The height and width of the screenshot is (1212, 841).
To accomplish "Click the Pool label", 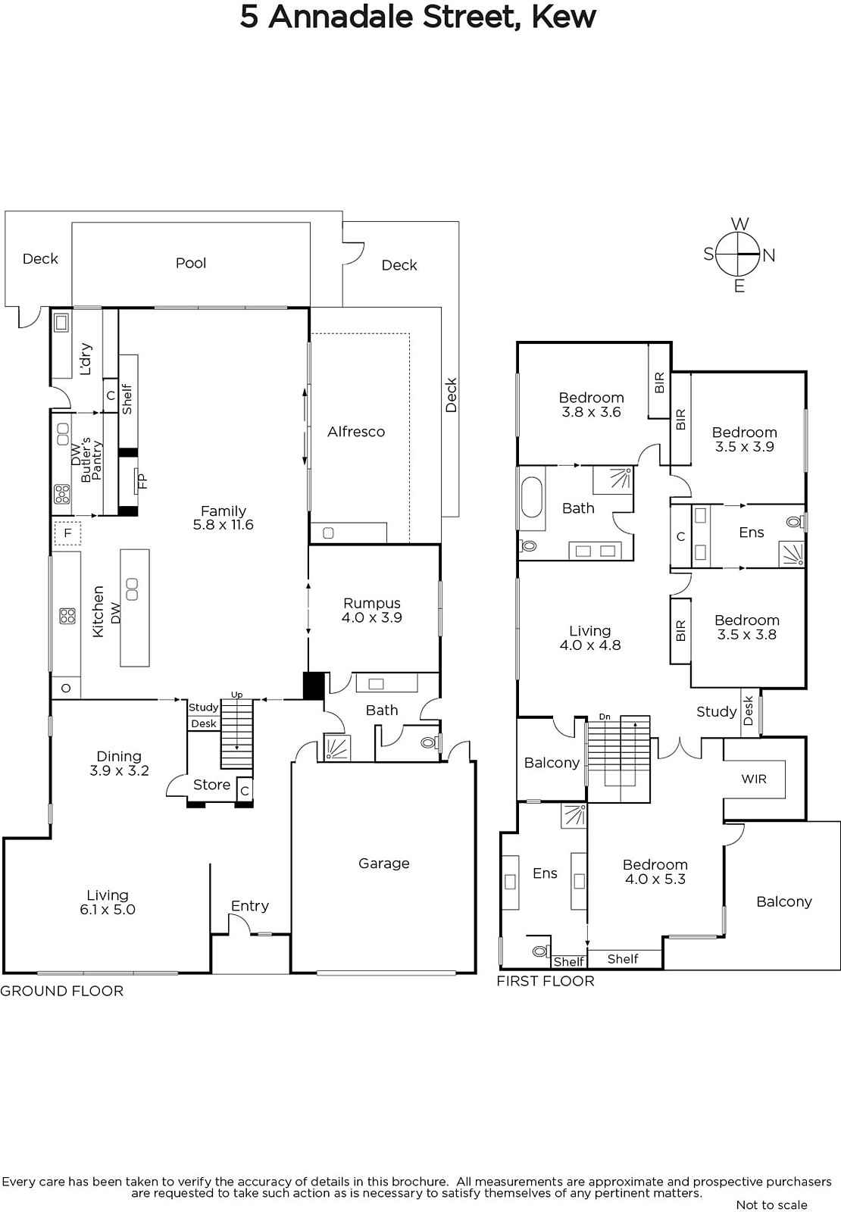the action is (191, 263).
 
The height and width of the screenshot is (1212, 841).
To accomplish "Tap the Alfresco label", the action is (356, 431).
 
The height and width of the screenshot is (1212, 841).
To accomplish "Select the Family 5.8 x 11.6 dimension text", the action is (223, 525).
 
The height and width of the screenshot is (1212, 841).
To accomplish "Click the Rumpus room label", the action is (372, 603).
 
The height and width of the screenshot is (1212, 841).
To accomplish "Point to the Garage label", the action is (383, 863).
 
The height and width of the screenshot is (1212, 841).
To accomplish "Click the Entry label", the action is (249, 906).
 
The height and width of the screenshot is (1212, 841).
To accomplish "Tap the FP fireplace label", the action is (142, 480).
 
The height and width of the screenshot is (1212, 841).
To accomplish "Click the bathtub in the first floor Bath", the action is (531, 497).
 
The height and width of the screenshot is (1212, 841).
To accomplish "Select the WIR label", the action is (754, 779).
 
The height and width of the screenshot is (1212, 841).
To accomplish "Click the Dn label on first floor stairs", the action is (605, 717).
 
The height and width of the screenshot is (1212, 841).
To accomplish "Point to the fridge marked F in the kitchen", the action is (67, 533).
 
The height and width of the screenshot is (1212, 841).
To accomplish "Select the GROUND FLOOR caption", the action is (61, 991).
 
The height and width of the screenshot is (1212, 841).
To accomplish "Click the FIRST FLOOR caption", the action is (546, 981).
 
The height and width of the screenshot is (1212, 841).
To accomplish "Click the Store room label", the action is (211, 785).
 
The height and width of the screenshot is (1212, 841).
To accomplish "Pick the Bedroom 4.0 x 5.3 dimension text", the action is (655, 879).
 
